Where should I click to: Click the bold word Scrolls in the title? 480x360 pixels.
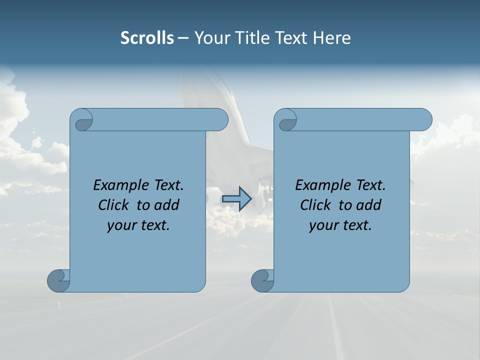pyautogui.click(x=147, y=38)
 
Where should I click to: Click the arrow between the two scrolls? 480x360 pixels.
pyautogui.click(x=236, y=199)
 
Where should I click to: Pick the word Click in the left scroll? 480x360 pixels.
pyautogui.click(x=114, y=205)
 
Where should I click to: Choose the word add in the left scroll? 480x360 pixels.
pyautogui.click(x=167, y=205)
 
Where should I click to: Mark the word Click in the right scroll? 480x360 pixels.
pyautogui.click(x=316, y=205)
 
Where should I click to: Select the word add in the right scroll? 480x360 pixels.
pyautogui.click(x=369, y=205)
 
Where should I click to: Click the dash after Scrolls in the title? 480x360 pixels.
pyautogui.click(x=183, y=38)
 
